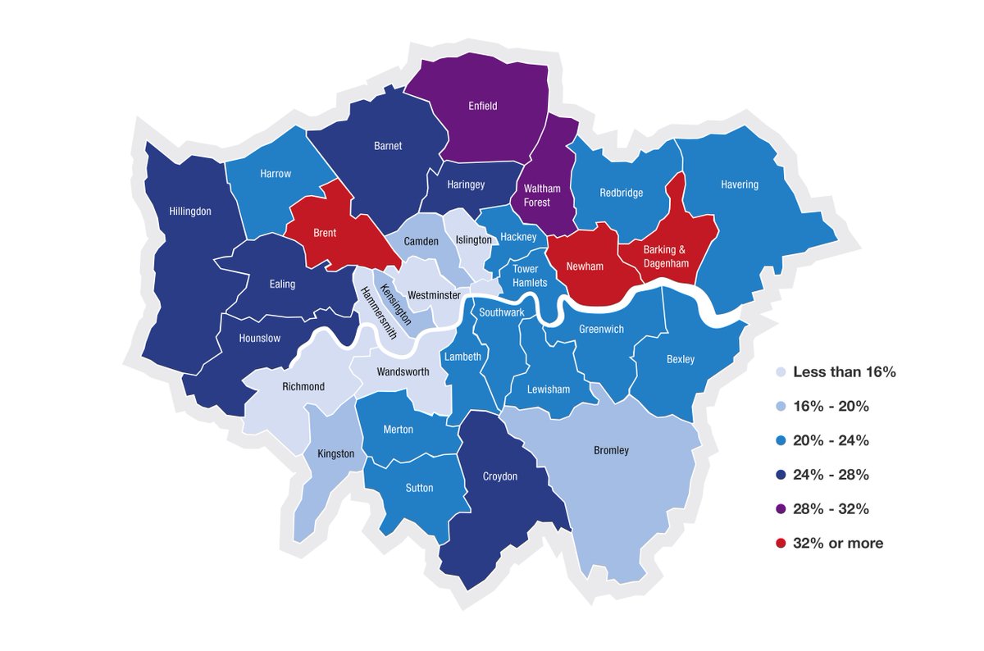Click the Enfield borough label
click(482, 106)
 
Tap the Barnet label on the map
click(389, 146)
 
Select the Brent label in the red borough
click(325, 233)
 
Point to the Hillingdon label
click(190, 211)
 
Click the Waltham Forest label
click(542, 195)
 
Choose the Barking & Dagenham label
click(667, 256)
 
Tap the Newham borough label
click(585, 266)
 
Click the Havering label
click(740, 184)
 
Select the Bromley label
click(611, 450)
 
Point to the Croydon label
click(499, 476)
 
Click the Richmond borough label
click(303, 386)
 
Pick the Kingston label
click(335, 453)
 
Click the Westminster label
click(434, 294)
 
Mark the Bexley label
click(681, 359)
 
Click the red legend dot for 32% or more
click(781, 544)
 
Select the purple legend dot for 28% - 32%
click(781, 509)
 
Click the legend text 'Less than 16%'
click(844, 372)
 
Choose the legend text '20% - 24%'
click(831, 441)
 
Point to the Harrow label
click(276, 174)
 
